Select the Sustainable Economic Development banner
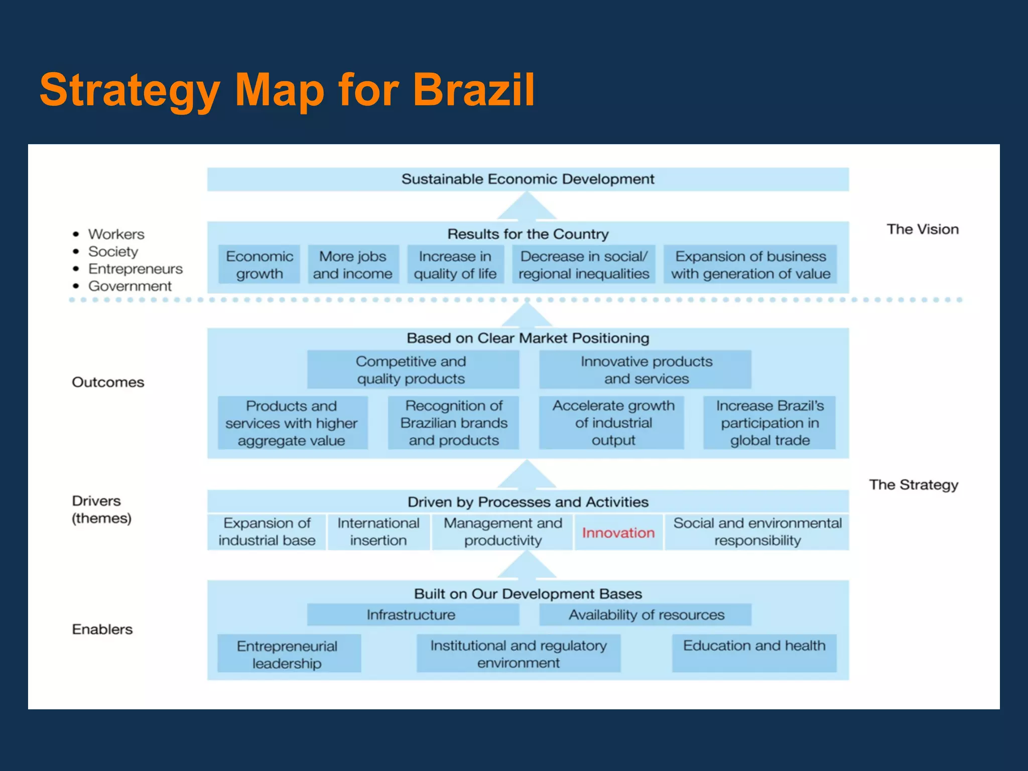coord(528,179)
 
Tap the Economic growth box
coord(260,265)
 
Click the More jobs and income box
coord(353,265)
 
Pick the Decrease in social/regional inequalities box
coord(584,265)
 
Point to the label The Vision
coord(923,229)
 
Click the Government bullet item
coord(130,286)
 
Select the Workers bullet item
coord(116,234)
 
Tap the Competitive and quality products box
coord(412,370)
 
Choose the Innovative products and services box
coord(646,370)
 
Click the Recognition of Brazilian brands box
coord(454,423)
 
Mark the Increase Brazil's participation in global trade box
coord(769,423)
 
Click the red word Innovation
coord(618,533)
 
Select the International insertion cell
coord(378,532)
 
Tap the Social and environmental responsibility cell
coord(757,532)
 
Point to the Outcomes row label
coord(108,382)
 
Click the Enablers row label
coord(102,629)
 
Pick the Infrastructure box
coord(412,615)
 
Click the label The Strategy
coord(914,485)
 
